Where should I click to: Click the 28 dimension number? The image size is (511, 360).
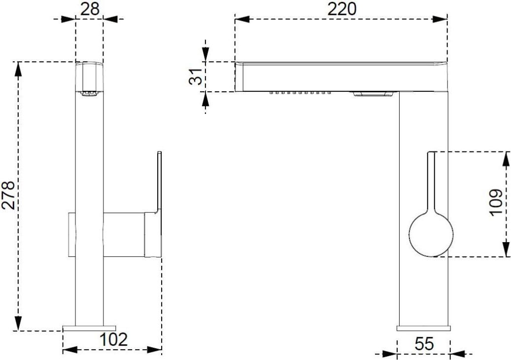coord(90,9)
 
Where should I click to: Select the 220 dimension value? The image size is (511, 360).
coord(341,9)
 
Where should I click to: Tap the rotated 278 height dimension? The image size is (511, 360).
coord(9,195)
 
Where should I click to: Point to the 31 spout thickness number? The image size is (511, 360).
coord(196,76)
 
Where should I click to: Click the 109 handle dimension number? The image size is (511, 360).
coord(496,202)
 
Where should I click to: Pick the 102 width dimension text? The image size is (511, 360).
coord(113,339)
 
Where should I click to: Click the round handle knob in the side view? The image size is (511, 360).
coord(431,234)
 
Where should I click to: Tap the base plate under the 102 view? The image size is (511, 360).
coord(89,328)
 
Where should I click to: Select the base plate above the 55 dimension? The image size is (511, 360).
coord(424,328)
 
